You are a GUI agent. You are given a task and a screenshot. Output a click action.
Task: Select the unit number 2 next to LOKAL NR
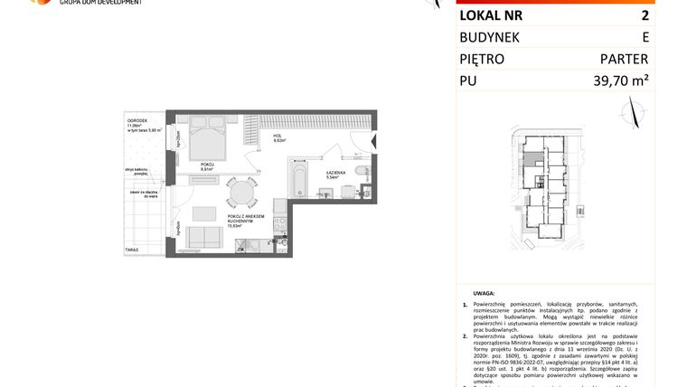(x=644, y=15)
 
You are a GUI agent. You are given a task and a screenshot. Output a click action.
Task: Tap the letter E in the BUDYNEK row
(x=645, y=37)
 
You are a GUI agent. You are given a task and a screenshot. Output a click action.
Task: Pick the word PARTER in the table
(x=624, y=60)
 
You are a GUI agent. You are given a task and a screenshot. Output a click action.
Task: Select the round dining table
(x=240, y=193)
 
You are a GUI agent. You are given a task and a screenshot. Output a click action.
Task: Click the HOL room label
(x=278, y=136)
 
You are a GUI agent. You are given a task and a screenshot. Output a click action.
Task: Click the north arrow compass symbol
(x=632, y=113)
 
